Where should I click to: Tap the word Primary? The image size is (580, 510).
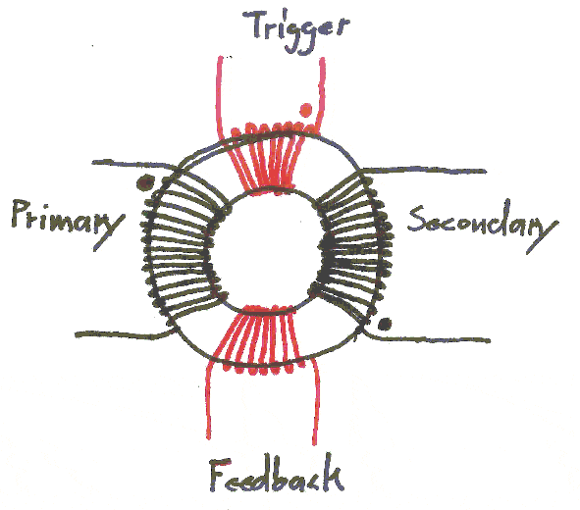(68, 223)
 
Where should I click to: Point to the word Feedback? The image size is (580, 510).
(277, 475)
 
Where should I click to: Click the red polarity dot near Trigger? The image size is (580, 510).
(306, 110)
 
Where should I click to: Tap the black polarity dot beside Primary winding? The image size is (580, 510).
(145, 182)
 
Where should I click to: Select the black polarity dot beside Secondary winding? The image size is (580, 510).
(385, 324)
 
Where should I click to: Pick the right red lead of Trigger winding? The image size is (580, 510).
(321, 96)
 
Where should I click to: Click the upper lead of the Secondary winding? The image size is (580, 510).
(424, 171)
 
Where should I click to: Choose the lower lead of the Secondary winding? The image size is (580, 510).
(425, 338)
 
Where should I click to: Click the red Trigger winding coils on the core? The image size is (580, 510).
(269, 160)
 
